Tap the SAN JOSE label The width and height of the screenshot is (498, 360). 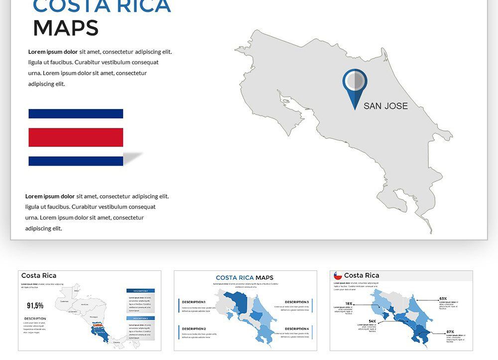coord(385,106)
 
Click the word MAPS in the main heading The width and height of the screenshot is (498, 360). coord(66,28)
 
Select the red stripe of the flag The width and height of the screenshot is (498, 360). coord(76,137)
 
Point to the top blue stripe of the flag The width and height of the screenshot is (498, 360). coord(76,114)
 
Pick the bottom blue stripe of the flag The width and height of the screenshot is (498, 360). coord(76,161)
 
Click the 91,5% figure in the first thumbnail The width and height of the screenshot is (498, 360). coord(35,305)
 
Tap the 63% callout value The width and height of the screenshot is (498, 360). coord(443,299)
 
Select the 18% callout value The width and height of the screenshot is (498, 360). coord(349,303)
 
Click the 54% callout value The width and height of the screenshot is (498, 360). coord(372,321)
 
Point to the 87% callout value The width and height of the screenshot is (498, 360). coord(450,332)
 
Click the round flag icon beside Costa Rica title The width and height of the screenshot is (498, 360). coord(338,275)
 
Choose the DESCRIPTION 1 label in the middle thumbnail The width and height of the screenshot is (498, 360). coord(194,302)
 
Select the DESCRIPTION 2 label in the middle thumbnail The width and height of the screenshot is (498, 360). coord(194,329)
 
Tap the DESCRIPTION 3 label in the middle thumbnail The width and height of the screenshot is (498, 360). coord(297,302)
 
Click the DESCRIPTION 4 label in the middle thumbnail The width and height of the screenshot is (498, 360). coord(297,329)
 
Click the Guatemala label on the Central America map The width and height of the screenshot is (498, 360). coord(64,301)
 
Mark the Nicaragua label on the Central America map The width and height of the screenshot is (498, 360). coord(94,316)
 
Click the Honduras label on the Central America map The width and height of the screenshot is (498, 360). coord(85,304)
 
